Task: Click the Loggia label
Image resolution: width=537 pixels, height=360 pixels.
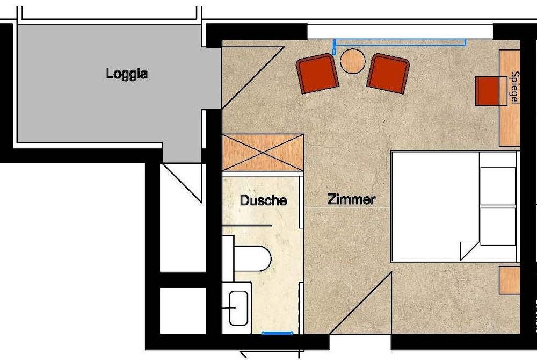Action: point(127,74)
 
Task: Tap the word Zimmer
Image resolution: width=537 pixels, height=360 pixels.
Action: point(351,200)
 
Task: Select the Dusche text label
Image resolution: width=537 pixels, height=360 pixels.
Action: point(263,201)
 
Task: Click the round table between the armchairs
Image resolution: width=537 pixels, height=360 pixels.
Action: point(353,61)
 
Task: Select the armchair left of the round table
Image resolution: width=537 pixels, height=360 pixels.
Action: point(317,74)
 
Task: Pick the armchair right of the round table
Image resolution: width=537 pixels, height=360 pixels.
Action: point(388,73)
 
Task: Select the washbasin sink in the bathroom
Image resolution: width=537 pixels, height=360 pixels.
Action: point(238,308)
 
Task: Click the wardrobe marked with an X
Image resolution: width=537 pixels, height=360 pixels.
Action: point(263,153)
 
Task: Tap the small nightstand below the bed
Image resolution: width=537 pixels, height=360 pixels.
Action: point(509,280)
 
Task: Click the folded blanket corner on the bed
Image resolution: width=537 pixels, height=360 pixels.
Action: point(469,249)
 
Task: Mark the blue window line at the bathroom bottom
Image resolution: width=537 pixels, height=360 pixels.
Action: point(277,333)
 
